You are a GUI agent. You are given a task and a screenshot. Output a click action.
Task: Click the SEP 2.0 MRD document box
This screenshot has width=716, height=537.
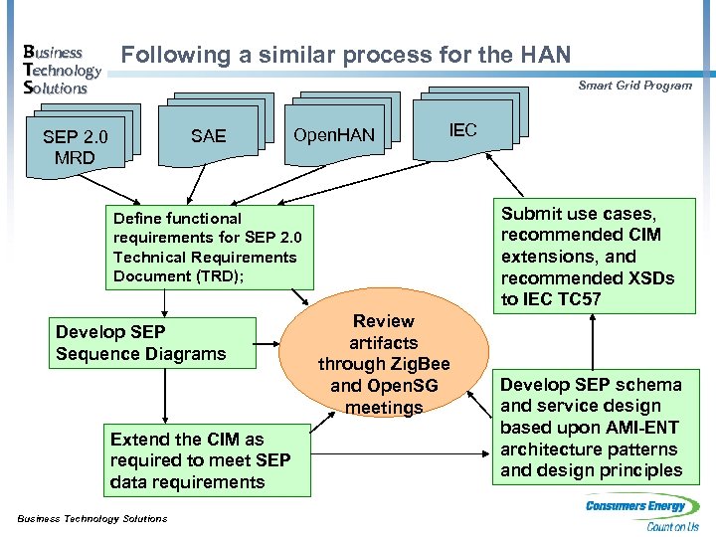coord(75,147)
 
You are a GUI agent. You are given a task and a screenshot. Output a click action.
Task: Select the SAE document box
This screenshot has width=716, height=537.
coord(208,136)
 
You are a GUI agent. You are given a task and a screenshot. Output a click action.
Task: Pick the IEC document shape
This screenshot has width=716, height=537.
coord(462,130)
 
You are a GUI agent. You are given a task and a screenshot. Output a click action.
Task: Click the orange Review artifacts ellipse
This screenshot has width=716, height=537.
coord(384,364)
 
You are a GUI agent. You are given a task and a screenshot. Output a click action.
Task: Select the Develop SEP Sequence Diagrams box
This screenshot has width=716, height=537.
coord(152,343)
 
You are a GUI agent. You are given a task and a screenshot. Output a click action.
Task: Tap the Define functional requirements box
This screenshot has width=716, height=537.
coord(208,247)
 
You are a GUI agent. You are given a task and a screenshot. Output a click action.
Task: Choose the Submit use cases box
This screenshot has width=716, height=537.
coord(593,257)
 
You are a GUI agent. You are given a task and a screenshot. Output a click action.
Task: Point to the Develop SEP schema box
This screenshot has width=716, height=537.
coord(593,428)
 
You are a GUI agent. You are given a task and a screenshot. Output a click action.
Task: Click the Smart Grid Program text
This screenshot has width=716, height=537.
coord(634,86)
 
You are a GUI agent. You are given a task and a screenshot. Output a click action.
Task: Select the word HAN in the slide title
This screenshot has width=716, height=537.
coord(544,54)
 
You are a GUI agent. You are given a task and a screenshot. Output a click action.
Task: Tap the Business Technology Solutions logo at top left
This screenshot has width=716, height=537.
coord(61,70)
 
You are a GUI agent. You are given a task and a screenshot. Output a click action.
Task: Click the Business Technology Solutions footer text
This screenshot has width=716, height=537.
coord(92,518)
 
